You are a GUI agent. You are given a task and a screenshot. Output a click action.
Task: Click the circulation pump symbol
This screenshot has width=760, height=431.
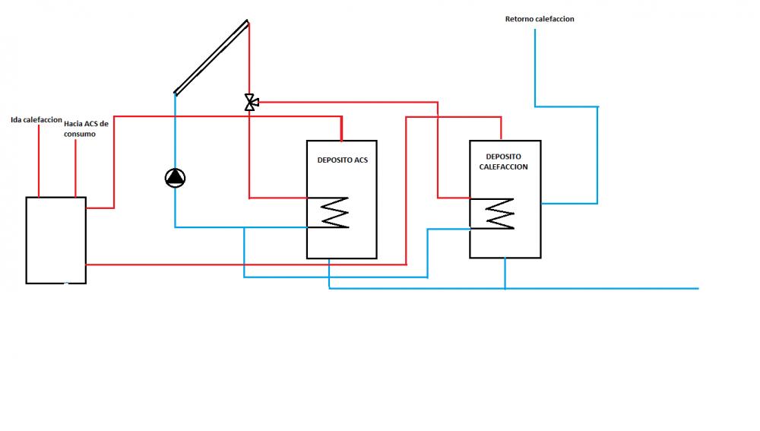[175, 178]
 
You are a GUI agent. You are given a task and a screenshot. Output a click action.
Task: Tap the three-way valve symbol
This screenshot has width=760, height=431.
[251, 103]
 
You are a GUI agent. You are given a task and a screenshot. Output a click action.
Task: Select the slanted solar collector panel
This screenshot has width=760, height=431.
[211, 57]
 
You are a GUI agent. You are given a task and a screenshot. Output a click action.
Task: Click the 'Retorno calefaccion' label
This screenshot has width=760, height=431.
[540, 19]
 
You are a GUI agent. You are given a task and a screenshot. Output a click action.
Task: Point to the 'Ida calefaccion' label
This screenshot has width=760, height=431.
[36, 120]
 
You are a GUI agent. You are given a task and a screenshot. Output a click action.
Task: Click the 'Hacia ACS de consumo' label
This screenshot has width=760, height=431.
[87, 129]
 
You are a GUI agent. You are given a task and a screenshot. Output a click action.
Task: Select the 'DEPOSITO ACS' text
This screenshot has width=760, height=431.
[342, 160]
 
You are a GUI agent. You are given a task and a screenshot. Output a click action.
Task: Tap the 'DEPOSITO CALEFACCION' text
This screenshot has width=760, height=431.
[504, 161]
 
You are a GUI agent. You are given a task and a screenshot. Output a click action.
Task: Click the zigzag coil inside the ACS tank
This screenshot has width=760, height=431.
[334, 212]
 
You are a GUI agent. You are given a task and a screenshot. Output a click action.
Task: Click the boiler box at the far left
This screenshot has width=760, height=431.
[55, 240]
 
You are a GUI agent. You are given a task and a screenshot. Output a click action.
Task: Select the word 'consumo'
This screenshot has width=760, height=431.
[80, 135]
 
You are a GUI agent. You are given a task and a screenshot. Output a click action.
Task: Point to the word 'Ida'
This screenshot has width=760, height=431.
[16, 120]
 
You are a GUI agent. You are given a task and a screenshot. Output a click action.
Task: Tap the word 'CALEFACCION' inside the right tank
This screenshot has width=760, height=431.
[504, 166]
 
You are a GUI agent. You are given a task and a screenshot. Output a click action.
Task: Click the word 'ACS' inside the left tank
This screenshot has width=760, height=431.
[361, 160]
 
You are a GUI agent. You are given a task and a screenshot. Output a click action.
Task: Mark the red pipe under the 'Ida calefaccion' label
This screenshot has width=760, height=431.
[39, 160]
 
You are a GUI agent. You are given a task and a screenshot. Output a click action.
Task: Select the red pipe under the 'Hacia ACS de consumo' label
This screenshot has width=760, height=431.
[75, 168]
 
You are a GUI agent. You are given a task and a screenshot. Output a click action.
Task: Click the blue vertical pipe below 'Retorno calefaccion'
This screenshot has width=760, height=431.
[535, 68]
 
